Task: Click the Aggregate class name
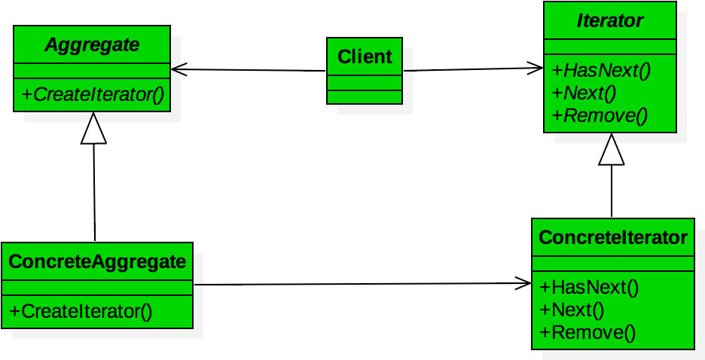pos(92,45)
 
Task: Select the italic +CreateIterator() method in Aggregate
pos(93,94)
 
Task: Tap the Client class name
pos(365,57)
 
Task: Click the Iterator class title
pos(610,21)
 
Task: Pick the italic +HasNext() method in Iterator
pos(601,71)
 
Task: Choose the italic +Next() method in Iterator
pos(584,93)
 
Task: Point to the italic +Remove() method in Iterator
pos(600,116)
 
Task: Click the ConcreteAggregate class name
pos(97,262)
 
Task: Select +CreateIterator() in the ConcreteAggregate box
pos(81,311)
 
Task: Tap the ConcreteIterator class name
pos(613,238)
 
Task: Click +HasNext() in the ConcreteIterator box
pos(589,287)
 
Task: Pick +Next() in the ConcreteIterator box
pos(572,310)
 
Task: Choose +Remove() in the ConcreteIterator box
pos(587,332)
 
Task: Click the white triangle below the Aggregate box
pos(93,130)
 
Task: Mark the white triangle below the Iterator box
pos(611,151)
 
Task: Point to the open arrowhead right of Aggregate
pos(176,70)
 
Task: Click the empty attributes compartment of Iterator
pos(610,47)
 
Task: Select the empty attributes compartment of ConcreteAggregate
pos(97,288)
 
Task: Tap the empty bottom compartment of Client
pos(365,96)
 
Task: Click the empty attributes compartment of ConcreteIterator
pos(613,264)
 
